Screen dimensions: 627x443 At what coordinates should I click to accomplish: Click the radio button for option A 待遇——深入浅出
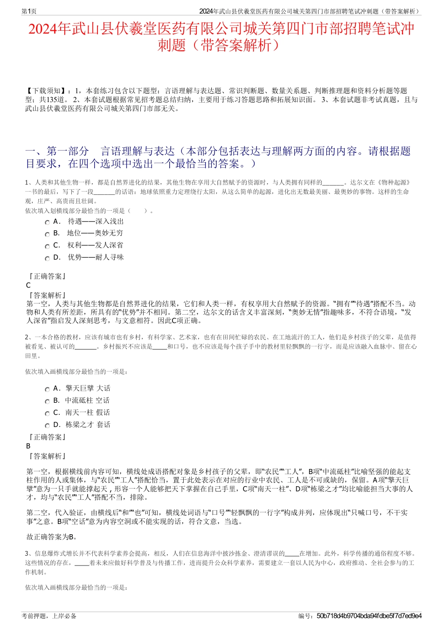click(x=47, y=222)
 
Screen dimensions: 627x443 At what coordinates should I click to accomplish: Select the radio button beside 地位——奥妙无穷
click(x=47, y=234)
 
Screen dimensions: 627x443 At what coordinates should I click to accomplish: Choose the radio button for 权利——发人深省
click(x=47, y=246)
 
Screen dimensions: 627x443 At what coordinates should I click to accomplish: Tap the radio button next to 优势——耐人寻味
click(x=47, y=258)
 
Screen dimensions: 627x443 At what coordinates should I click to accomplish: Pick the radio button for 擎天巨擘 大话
click(x=47, y=389)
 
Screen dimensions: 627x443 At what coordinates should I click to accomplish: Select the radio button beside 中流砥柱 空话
click(x=47, y=401)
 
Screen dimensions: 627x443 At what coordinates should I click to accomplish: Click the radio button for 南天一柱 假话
click(x=47, y=413)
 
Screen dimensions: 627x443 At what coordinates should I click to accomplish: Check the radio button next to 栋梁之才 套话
click(x=47, y=426)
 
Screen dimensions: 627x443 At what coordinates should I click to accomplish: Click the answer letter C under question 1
click(x=28, y=285)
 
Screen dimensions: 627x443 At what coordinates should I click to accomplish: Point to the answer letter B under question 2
click(x=28, y=446)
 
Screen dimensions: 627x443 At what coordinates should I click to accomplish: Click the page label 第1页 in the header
click(x=29, y=11)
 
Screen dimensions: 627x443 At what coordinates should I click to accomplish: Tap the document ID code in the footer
click(x=369, y=616)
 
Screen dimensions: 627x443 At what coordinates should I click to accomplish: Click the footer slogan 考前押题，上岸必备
click(x=49, y=616)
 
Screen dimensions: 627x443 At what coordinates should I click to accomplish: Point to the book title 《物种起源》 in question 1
click(x=394, y=182)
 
